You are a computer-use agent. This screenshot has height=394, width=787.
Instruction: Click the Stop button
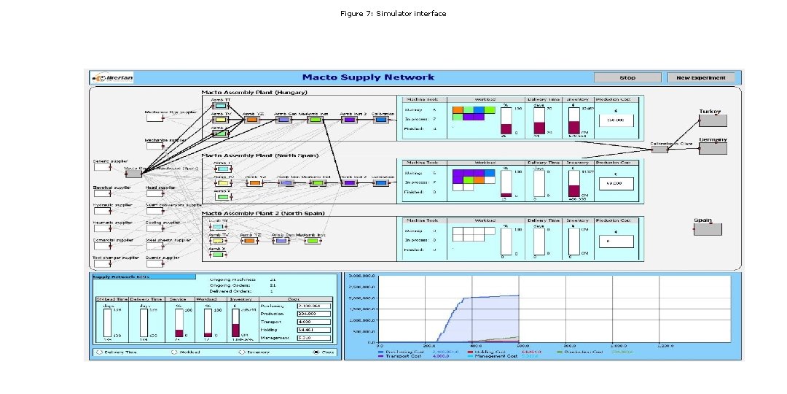pos(627,77)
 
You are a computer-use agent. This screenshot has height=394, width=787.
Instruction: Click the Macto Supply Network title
pos(368,77)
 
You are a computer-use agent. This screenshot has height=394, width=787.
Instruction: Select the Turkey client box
pos(710,122)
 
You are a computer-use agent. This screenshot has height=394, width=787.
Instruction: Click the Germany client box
pos(710,149)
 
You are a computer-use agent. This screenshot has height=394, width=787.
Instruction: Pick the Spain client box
pos(707,229)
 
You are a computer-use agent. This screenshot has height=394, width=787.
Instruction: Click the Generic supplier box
pos(101,168)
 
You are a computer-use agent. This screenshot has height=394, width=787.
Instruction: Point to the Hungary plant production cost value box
pos(616,121)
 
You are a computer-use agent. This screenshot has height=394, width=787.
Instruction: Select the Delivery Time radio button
pos(98,352)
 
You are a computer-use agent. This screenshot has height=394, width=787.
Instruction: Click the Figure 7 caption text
pos(393,14)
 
